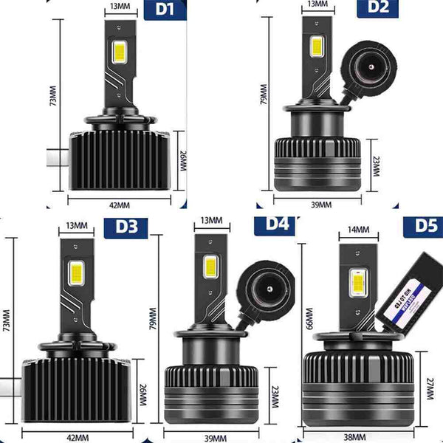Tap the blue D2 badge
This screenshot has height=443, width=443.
click(377, 7)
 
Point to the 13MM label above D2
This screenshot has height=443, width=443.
click(316, 4)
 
